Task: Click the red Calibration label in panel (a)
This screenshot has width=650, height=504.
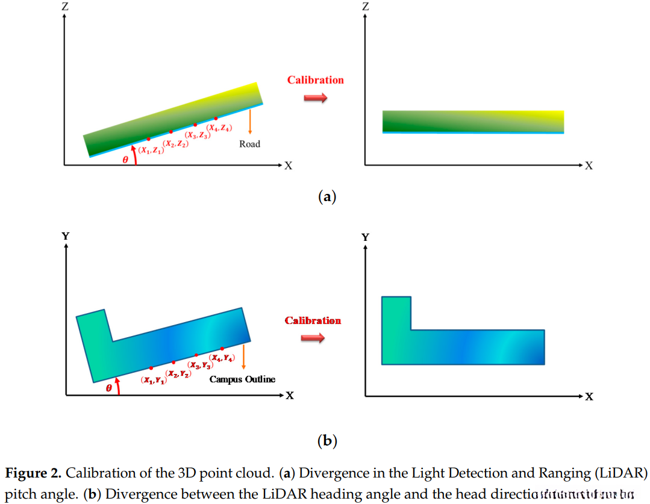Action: point(315,80)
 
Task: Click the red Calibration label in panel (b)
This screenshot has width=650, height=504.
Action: point(313,320)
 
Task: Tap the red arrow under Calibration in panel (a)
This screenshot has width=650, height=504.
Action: point(315,98)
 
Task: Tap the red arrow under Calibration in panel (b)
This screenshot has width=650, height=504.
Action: point(313,338)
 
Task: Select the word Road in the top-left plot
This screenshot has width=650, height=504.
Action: point(249,145)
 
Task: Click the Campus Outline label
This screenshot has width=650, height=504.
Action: point(242,379)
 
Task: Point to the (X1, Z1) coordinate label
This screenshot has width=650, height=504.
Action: point(151,151)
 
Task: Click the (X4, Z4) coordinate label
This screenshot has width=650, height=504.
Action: point(219,128)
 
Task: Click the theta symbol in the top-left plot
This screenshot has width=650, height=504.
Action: point(125,160)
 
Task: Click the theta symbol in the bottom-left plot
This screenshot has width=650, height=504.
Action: point(109,388)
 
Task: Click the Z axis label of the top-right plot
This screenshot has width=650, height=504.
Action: point(365,7)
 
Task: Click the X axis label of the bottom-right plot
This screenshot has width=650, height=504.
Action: point(589,397)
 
